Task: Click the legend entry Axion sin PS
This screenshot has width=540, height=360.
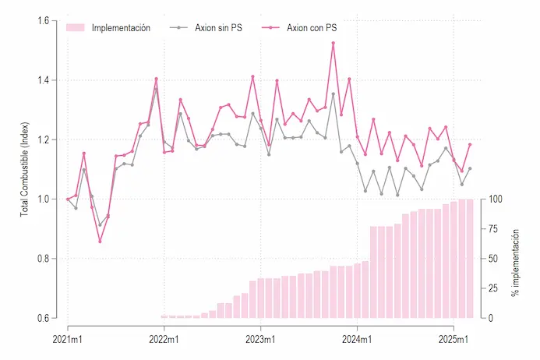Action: (x=206, y=27)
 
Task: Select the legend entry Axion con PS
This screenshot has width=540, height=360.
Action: (x=299, y=27)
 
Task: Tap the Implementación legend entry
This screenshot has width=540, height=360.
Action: (x=108, y=27)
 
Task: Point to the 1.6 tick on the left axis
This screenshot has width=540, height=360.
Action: (x=44, y=21)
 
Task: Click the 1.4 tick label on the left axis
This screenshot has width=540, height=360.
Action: (x=44, y=80)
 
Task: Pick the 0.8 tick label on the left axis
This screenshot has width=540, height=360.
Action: (x=44, y=259)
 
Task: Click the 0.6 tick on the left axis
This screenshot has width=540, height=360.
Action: (x=44, y=319)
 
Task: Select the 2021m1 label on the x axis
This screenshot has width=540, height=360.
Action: (x=68, y=339)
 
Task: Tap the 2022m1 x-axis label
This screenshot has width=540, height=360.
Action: (x=164, y=339)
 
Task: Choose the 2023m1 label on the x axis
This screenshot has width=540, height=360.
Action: (x=260, y=339)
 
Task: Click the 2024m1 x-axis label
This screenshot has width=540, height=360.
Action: (x=357, y=339)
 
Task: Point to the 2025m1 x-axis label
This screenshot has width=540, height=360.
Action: (x=454, y=339)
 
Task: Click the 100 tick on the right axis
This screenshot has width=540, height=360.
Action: (x=496, y=199)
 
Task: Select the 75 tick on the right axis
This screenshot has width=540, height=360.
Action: (x=493, y=229)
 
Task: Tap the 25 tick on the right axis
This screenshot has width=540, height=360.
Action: (x=493, y=288)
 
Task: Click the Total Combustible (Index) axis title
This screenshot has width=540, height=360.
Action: (x=24, y=169)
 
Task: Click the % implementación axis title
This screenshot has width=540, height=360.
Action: (x=515, y=263)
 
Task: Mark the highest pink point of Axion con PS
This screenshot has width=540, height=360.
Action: (x=333, y=43)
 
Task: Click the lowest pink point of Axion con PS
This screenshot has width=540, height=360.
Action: (x=100, y=242)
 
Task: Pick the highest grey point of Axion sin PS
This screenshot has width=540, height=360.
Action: (x=156, y=89)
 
